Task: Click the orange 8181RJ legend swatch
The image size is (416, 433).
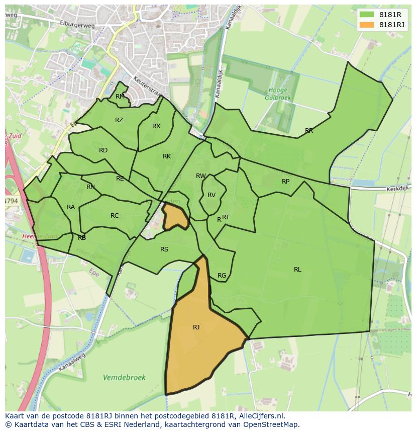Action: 367,25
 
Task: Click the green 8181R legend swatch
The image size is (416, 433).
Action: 367,15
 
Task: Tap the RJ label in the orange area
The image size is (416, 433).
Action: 196,327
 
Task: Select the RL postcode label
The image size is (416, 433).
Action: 297,270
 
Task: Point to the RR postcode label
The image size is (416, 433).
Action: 309,131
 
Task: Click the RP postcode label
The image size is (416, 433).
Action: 285,182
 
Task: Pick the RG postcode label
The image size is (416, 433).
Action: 222,276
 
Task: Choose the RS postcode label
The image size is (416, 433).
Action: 164,249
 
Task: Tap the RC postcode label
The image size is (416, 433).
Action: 115,216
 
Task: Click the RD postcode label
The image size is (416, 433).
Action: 103,150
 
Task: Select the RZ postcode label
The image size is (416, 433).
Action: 119,120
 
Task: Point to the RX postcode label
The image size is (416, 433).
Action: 156,126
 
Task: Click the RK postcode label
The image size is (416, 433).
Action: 167,156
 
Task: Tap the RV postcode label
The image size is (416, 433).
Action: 212,195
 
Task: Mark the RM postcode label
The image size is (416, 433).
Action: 120,97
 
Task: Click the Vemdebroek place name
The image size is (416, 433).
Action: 124,377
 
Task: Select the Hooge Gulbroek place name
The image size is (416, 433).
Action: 278,94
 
